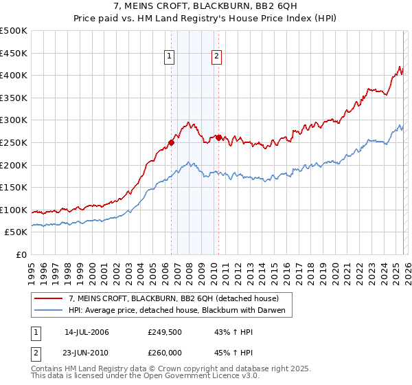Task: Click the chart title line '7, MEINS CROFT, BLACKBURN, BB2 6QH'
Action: [206, 5]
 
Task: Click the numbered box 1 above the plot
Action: [170, 57]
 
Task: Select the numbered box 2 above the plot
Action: [216, 57]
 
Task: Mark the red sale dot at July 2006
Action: [171, 143]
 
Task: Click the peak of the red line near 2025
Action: [400, 66]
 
